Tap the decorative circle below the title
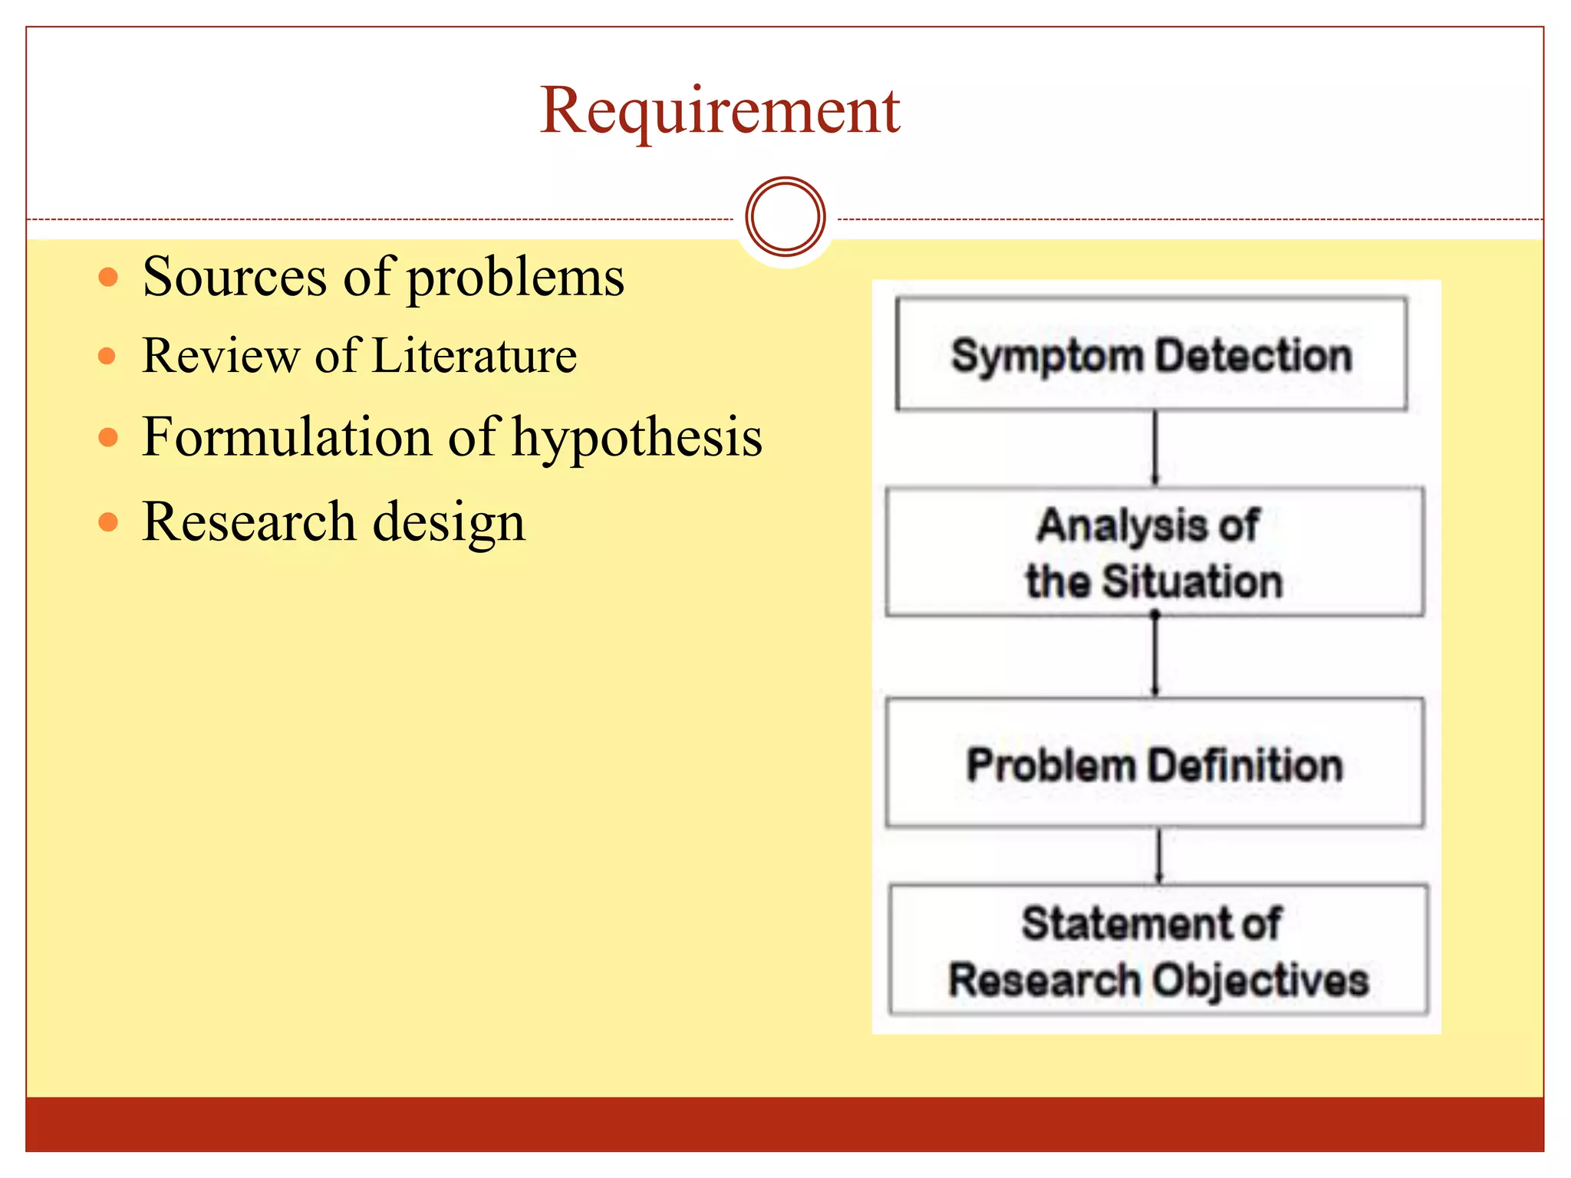coord(785,217)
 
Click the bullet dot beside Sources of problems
coord(109,277)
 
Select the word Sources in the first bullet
coord(234,277)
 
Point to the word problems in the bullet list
coord(515,278)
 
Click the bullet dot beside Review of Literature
coord(107,356)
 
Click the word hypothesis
coord(637,438)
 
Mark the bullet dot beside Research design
coord(109,522)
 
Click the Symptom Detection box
coord(1151,354)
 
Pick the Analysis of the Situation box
coord(1154,552)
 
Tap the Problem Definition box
coord(1154,764)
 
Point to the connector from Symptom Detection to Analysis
coord(1155,448)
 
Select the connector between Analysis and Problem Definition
coord(1155,656)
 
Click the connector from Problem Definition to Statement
coord(1159,856)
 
